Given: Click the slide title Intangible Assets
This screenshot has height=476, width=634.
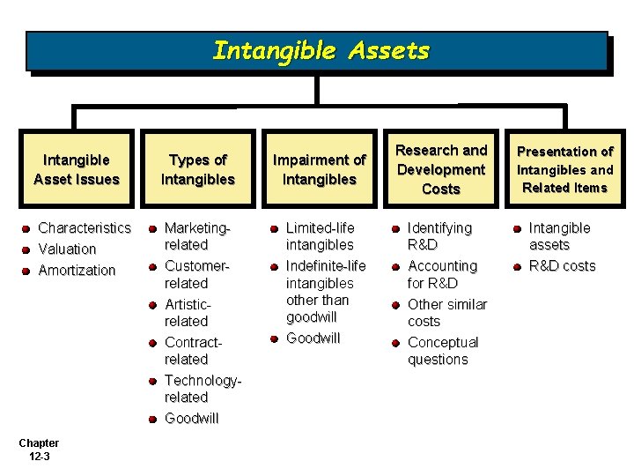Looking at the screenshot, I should click(321, 51).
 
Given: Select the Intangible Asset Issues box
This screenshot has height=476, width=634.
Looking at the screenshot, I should click(77, 169).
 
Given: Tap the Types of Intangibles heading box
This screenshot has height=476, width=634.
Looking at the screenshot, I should click(198, 169).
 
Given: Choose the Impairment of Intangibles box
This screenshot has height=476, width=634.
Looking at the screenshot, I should click(319, 169).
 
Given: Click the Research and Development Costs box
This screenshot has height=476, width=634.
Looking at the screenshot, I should click(441, 169).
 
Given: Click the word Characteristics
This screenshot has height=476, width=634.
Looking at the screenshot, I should click(85, 228).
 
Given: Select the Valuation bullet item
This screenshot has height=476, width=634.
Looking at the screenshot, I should click(67, 249).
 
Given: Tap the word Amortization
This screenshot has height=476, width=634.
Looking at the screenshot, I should click(77, 271).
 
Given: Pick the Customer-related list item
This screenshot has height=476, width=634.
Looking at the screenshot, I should click(196, 274).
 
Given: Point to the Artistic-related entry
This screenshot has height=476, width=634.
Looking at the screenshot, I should click(188, 313).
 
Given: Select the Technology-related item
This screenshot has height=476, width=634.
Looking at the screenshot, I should click(202, 389).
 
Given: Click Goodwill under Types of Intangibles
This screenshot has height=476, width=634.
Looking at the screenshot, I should click(191, 419).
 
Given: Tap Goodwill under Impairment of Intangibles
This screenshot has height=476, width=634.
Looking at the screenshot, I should click(313, 338).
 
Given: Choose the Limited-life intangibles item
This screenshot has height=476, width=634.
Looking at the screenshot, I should click(321, 236).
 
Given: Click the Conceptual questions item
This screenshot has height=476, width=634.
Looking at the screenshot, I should click(442, 351).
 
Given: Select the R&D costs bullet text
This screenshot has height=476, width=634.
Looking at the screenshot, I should click(562, 266).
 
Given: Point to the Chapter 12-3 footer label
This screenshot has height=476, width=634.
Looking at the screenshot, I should click(38, 450).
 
